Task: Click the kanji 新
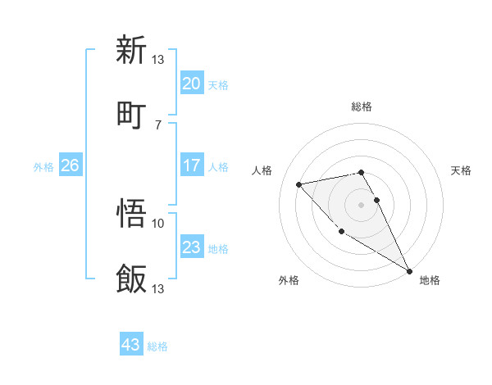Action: coord(131,51)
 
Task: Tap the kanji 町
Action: coord(131,112)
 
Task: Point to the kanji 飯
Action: coord(131,279)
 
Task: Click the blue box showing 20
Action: coord(191,84)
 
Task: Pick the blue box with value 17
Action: coord(191,165)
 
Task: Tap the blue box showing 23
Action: coord(191,247)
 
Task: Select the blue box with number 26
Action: coord(70,165)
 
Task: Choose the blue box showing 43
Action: coord(131,345)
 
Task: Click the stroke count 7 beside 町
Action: coord(157,125)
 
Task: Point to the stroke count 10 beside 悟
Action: coord(158,223)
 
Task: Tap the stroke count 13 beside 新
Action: coord(158,59)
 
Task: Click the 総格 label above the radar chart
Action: coord(362,106)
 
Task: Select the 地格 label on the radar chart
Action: coord(430,280)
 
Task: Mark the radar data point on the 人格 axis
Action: coord(299,184)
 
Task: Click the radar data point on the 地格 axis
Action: coord(409,271)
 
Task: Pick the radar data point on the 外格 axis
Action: coord(341,231)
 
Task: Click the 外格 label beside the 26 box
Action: coord(43,166)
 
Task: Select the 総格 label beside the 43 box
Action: coord(157,346)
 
